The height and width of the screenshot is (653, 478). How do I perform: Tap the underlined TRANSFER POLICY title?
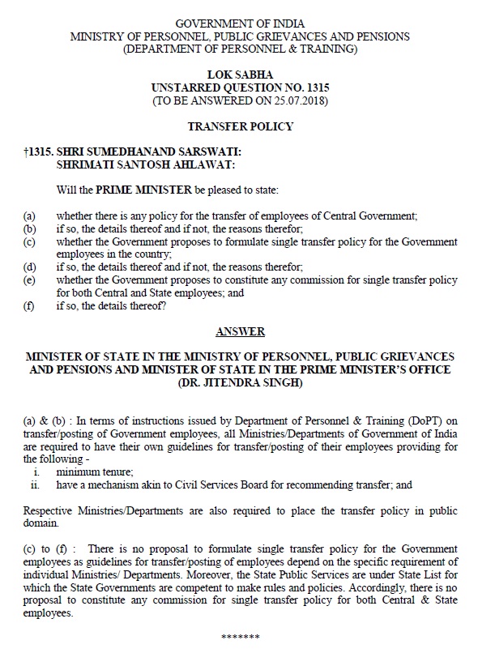point(240,126)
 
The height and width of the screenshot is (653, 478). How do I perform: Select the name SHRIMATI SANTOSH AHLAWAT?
point(145,164)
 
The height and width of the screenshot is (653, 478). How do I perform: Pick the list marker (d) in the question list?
point(30,266)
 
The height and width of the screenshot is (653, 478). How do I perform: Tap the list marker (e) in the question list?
point(30,279)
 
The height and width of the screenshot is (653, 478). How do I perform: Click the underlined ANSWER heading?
point(240,331)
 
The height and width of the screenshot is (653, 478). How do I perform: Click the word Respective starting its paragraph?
point(53,512)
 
